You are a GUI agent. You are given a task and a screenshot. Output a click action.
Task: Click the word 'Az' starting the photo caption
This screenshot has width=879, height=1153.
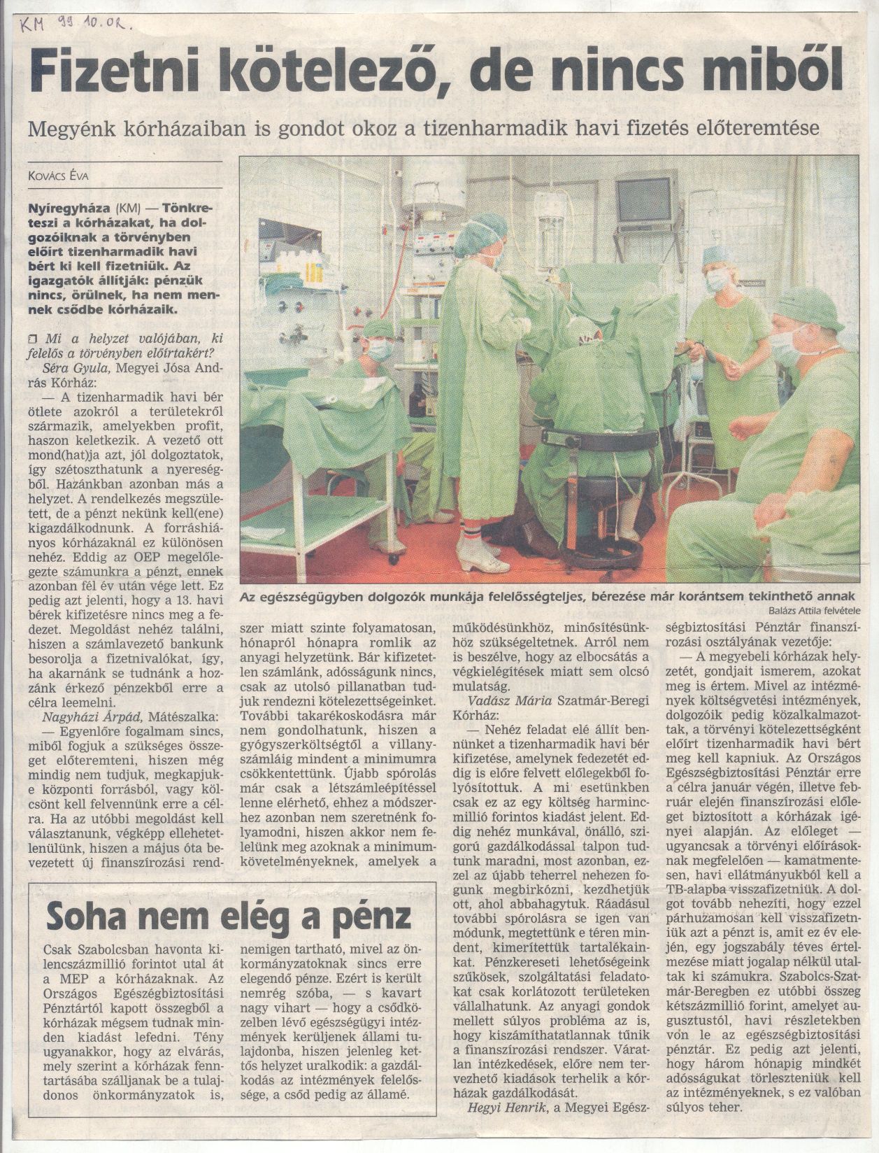248,596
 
